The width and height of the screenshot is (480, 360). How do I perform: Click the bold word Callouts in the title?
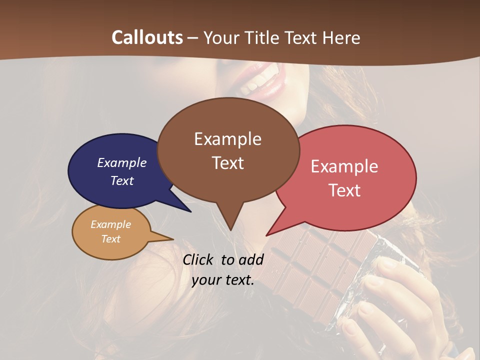coord(147,37)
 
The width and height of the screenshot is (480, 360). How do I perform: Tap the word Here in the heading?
coord(341,37)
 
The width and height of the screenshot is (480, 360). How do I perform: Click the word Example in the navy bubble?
coord(122,162)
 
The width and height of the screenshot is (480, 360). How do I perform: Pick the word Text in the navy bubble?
coord(122,180)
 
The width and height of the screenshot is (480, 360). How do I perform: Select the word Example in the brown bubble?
coord(227,139)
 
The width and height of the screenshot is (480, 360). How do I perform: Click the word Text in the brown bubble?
coord(227,163)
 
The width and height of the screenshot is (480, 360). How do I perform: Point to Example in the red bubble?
coord(344,166)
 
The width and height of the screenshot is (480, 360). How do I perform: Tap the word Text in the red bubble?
coord(344,190)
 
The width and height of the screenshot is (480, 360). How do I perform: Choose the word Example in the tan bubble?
coord(110,224)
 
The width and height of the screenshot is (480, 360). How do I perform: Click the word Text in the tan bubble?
coord(110,239)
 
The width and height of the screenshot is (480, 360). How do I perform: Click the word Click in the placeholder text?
coord(198,259)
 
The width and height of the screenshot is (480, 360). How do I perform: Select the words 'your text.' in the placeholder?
coord(223,280)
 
